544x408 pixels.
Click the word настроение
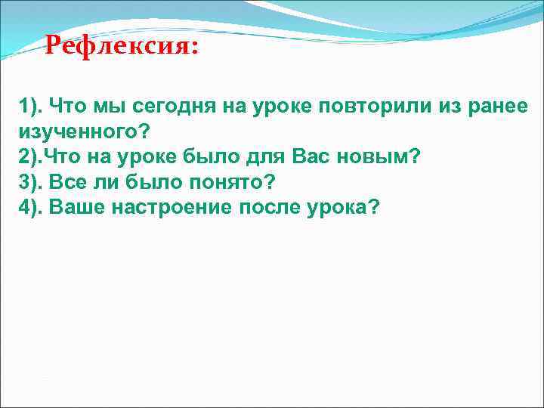coord(171,208)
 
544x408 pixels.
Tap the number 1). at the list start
coord(31,107)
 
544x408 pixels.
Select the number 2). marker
coord(31,158)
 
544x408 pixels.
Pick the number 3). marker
coord(31,183)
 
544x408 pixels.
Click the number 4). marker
coord(31,208)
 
